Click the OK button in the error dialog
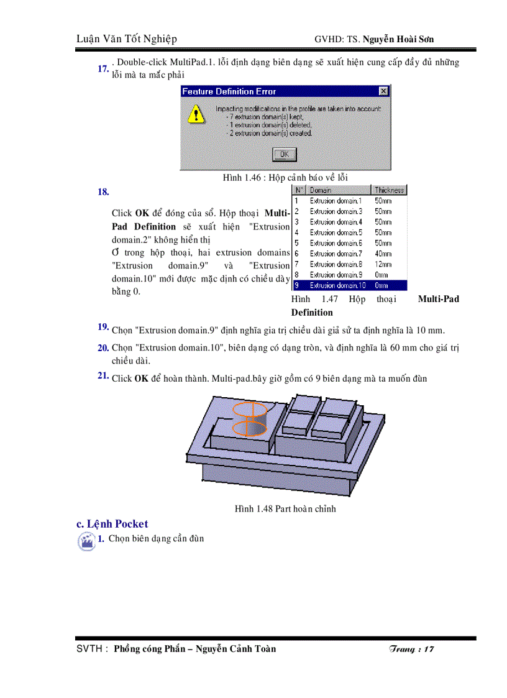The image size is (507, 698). [285, 154]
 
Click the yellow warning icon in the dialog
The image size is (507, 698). [196, 114]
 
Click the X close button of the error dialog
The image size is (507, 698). [383, 91]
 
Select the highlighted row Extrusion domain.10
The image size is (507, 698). [349, 285]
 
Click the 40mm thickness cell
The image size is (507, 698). [383, 254]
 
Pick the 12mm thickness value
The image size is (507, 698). [383, 264]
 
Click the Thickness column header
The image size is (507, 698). [389, 190]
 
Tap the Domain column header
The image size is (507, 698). [321, 190]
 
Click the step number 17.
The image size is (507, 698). [103, 69]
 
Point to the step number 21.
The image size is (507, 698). [103, 376]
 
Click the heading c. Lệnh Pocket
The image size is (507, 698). [112, 524]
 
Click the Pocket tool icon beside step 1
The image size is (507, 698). [86, 541]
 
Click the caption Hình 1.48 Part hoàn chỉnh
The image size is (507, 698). [285, 509]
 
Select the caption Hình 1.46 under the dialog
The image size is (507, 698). [285, 178]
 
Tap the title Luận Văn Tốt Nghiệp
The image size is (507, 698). [127, 39]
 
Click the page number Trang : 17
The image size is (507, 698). [411, 649]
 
